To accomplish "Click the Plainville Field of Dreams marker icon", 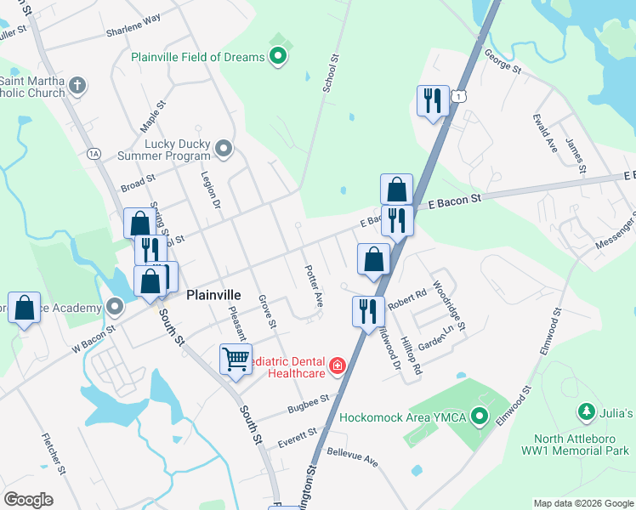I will pyautogui.click(x=277, y=58).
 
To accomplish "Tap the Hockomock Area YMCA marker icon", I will pyautogui.click(x=480, y=417).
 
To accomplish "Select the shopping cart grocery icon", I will pyautogui.click(x=236, y=358).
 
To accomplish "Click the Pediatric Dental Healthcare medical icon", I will pyautogui.click(x=338, y=365).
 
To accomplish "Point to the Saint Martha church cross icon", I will pyautogui.click(x=77, y=85).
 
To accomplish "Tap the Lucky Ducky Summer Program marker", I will pyautogui.click(x=224, y=150).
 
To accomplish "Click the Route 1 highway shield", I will pyautogui.click(x=459, y=97).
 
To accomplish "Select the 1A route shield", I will pyautogui.click(x=94, y=153).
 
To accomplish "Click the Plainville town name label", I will pyautogui.click(x=213, y=295).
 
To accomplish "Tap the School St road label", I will pyautogui.click(x=331, y=75).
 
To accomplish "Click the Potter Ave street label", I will pyautogui.click(x=314, y=286).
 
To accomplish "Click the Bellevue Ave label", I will pyautogui.click(x=352, y=458).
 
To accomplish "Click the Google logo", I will pyautogui.click(x=28, y=499).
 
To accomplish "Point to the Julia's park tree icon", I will pyautogui.click(x=586, y=413).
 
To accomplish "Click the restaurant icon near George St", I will pyautogui.click(x=433, y=101).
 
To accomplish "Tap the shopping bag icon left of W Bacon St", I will pyautogui.click(x=25, y=307).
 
